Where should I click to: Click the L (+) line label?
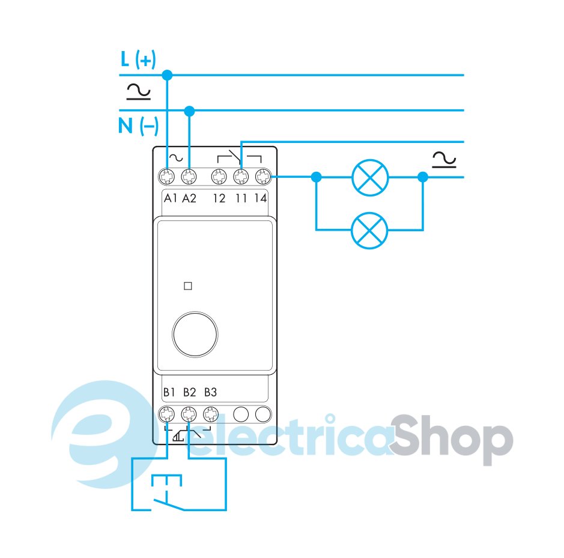138,59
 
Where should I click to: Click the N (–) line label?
138,127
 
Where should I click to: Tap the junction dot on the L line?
168,75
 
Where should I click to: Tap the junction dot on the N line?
190,111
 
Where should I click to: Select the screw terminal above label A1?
168,177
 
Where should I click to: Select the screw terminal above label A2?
189,177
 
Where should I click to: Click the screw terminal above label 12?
219,177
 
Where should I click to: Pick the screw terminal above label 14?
262,177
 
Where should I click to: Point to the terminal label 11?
240,198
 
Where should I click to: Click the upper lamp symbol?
370,177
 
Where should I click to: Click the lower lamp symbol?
370,229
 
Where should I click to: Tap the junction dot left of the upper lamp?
317,177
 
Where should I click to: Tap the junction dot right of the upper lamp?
423,177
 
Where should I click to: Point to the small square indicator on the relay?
187,287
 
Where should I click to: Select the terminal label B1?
169,392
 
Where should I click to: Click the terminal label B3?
210,392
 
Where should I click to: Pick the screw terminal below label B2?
189,414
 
